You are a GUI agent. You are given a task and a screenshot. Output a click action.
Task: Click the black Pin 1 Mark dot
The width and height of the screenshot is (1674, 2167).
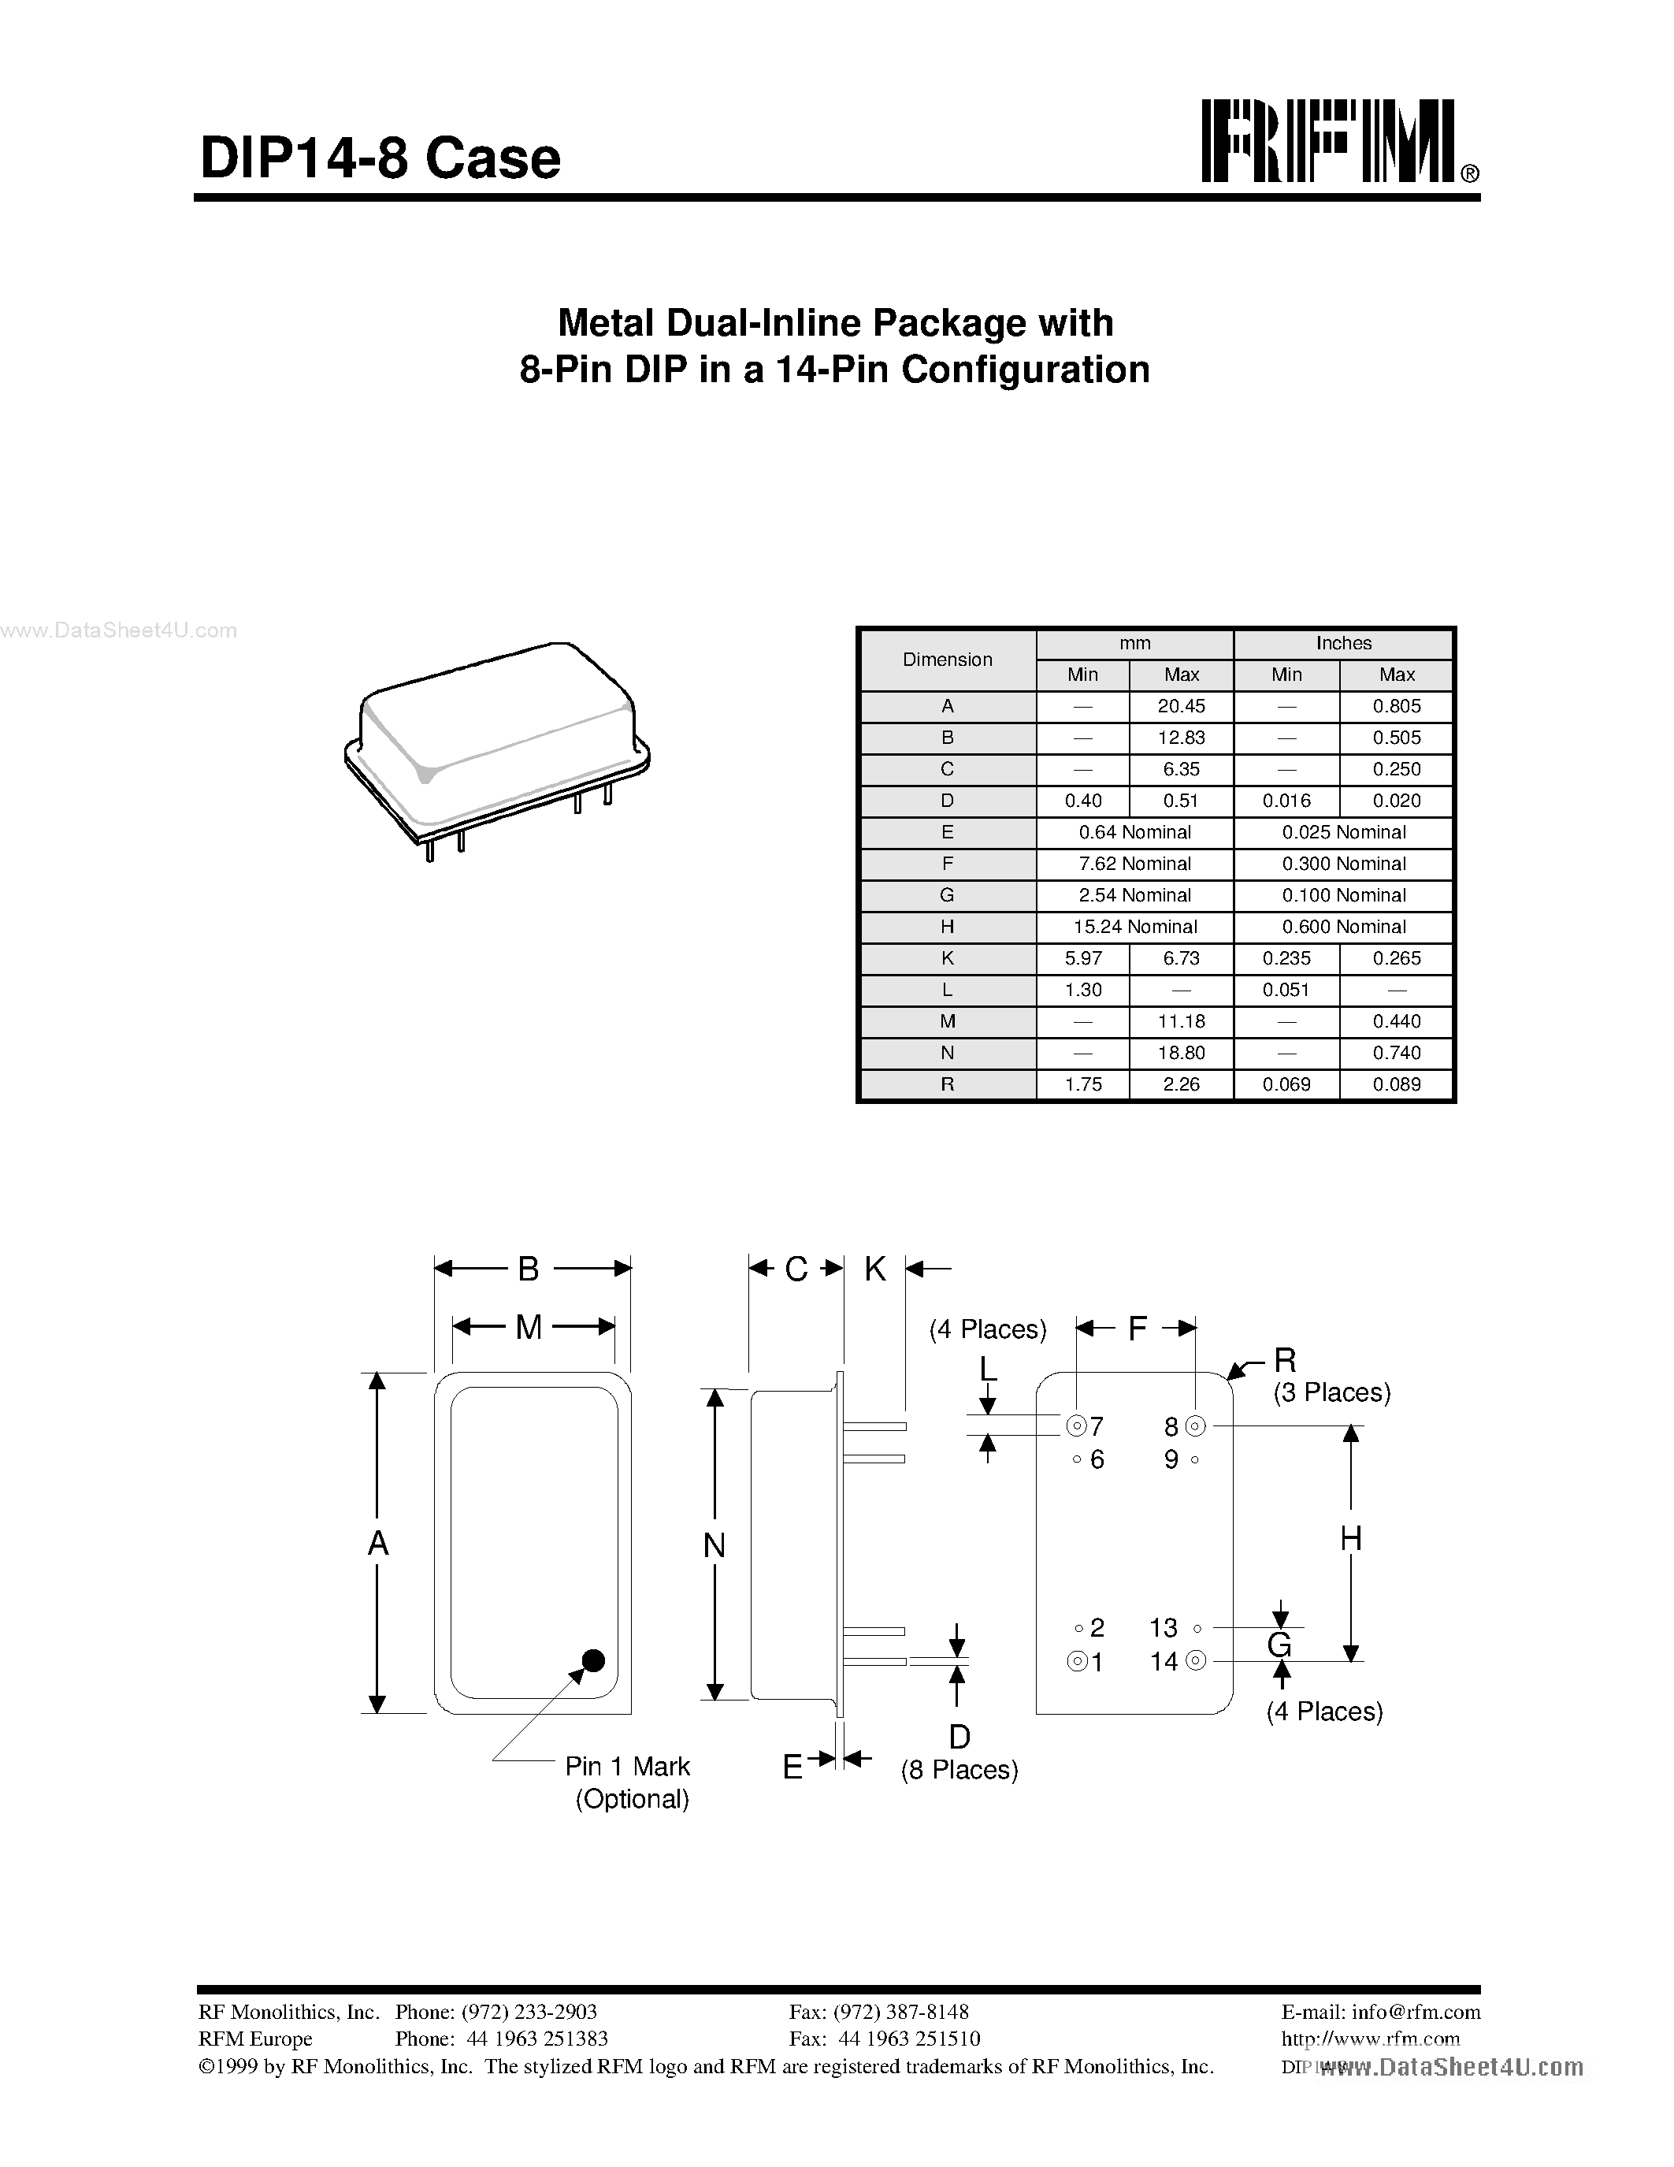click(x=593, y=1660)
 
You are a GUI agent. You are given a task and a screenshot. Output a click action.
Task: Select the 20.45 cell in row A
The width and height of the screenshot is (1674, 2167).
click(x=1181, y=707)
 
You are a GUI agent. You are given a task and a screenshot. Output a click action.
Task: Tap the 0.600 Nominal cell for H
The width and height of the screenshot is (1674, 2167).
click(x=1344, y=927)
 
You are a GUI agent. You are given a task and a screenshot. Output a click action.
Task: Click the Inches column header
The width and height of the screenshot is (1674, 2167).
click(x=1344, y=643)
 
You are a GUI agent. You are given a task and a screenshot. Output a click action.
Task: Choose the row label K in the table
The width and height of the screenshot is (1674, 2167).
click(x=947, y=958)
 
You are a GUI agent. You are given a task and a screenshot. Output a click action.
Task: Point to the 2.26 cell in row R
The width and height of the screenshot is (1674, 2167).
click(x=1181, y=1084)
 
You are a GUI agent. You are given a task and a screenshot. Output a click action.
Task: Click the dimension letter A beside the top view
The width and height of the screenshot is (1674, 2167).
click(x=378, y=1543)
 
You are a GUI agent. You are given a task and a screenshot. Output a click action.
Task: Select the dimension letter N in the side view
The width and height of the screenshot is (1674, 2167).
click(x=714, y=1545)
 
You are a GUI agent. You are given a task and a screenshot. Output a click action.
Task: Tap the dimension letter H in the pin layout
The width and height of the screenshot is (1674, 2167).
click(x=1351, y=1539)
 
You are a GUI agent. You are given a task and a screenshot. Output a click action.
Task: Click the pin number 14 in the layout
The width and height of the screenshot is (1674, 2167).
click(x=1164, y=1661)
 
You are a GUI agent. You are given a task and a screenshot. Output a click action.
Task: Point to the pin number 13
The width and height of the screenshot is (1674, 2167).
click(x=1164, y=1628)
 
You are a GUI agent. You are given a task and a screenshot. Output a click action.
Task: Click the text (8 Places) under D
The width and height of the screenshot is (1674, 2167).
click(x=959, y=1770)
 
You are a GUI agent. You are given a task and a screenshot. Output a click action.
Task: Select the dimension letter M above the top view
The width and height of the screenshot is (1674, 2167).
click(x=529, y=1326)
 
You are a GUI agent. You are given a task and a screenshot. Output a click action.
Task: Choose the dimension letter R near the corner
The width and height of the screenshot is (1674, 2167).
click(x=1286, y=1359)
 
